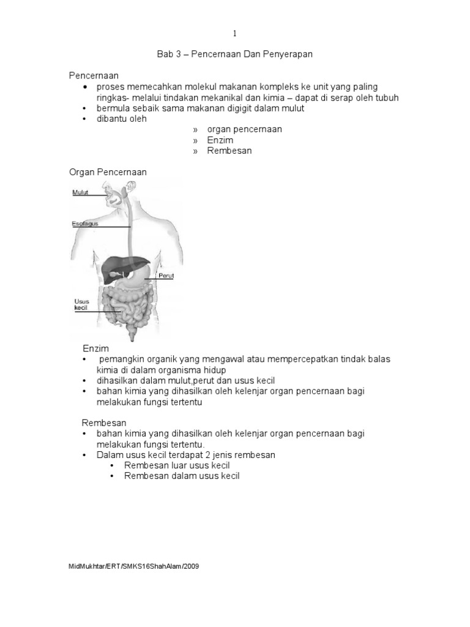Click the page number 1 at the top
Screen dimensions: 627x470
pos(234,33)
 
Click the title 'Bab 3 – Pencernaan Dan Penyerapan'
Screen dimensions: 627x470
pos(234,54)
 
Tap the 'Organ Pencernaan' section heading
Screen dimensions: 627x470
pos(107,172)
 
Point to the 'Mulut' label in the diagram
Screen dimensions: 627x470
pos(80,192)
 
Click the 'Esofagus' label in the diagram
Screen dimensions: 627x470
pos(85,223)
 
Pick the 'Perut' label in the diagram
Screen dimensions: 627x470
pos(166,276)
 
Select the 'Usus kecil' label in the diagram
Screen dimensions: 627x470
pos(81,304)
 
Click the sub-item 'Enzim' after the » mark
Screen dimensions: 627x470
pos(220,140)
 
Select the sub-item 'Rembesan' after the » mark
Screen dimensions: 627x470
pos(229,151)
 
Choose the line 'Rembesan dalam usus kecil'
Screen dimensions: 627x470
pos(182,476)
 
